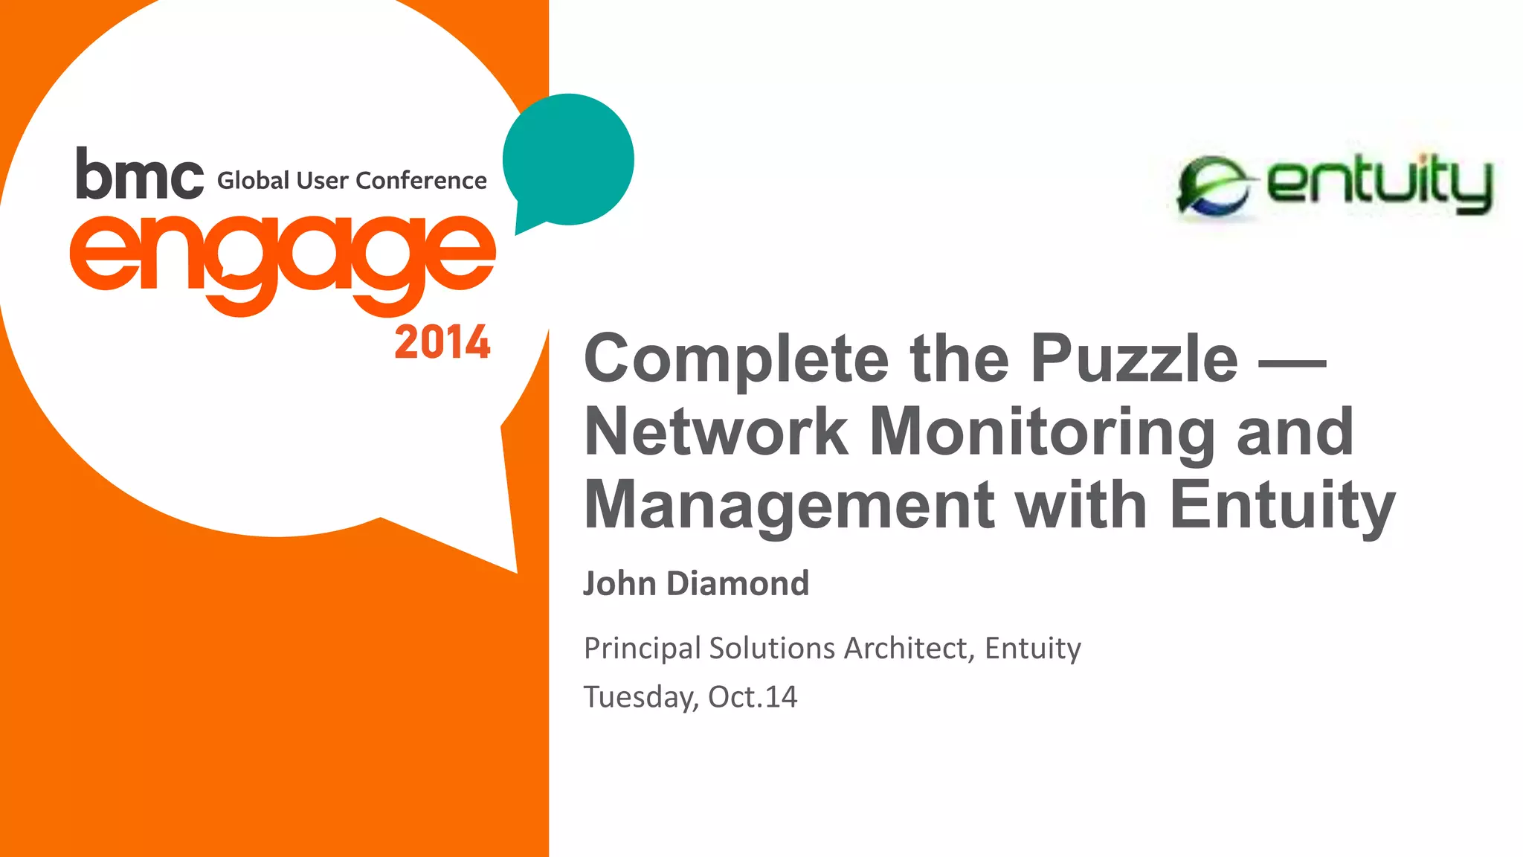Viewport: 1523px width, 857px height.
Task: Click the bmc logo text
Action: [x=139, y=174]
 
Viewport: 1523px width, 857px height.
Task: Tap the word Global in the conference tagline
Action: [x=253, y=181]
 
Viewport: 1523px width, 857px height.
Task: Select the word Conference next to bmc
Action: [x=421, y=181]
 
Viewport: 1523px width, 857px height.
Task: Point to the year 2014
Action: [x=442, y=343]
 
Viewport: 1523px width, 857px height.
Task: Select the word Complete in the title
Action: [x=736, y=359]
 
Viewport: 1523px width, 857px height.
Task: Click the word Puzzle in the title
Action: [x=1134, y=359]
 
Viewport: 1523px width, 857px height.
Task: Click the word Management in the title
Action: [x=789, y=506]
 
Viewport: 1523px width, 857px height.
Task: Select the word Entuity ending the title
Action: [x=1282, y=506]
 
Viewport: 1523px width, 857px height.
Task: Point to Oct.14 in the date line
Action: [x=753, y=697]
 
